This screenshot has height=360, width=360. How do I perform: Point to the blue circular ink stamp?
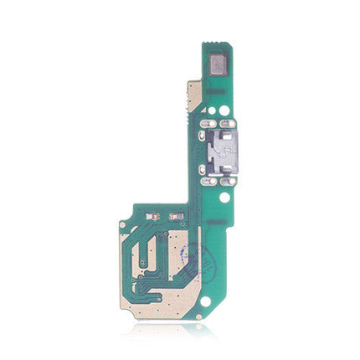coord(193,255)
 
